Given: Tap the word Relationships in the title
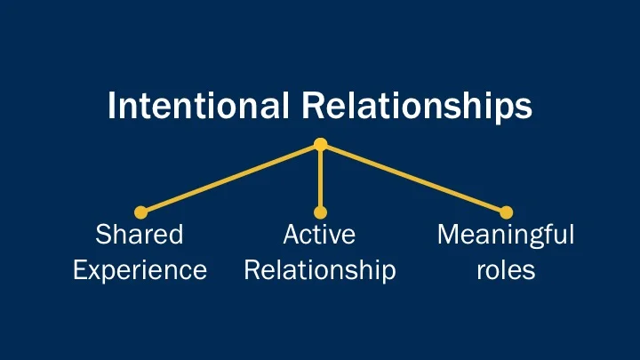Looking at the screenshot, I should [417, 107].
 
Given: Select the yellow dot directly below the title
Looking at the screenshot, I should [321, 144].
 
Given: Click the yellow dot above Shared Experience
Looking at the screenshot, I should [140, 212].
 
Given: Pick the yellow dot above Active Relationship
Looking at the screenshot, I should [321, 212].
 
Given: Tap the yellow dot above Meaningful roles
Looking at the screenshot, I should [507, 212].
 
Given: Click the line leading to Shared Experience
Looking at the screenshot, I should [231, 178].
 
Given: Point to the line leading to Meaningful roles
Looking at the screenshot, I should [413, 178].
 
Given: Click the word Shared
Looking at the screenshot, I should [139, 236].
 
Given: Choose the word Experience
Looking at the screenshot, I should [140, 269].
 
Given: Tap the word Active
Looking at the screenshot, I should [319, 236].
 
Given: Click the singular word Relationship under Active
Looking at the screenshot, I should [319, 269].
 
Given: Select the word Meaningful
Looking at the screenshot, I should [506, 236].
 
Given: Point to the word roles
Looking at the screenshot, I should [506, 269].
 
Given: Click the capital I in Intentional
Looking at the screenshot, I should [111, 107].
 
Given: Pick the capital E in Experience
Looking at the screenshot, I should [79, 269].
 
